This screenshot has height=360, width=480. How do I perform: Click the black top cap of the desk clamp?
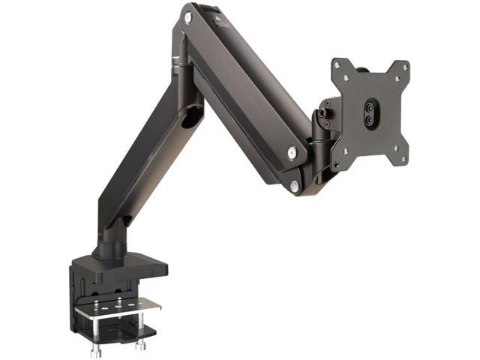click(x=120, y=264)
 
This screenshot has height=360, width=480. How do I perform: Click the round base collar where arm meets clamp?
click(x=109, y=248)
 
